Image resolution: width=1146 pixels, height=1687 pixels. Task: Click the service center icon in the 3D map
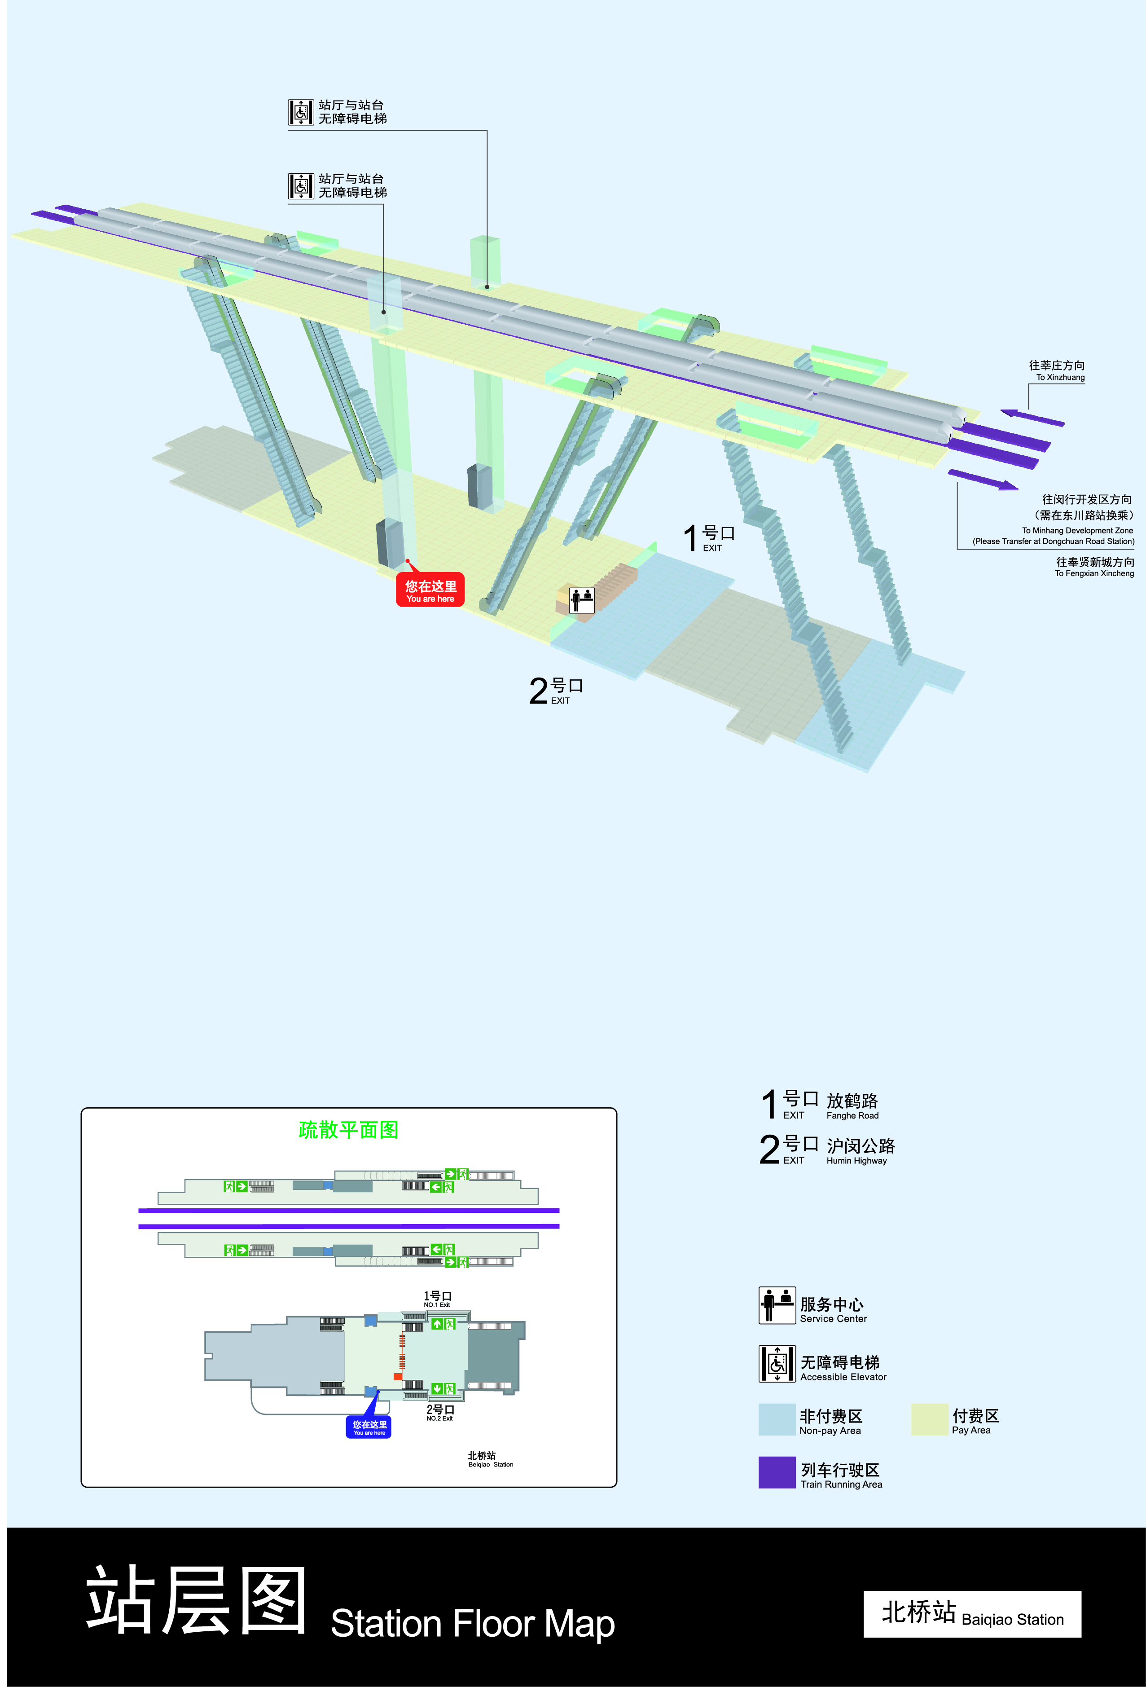coord(581,599)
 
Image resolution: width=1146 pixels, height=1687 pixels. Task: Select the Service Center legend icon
coord(777,1305)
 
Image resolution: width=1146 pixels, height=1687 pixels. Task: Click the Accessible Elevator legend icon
coord(777,1363)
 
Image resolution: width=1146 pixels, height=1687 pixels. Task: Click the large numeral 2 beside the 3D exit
coord(538,691)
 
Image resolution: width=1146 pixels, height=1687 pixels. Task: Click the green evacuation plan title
coord(348,1129)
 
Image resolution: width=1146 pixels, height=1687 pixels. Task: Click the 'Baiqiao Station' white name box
coord(972,1614)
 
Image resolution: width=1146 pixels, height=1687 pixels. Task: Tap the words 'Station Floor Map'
coord(473,1624)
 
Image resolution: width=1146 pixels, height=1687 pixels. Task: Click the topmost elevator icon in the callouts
coord(300,112)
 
